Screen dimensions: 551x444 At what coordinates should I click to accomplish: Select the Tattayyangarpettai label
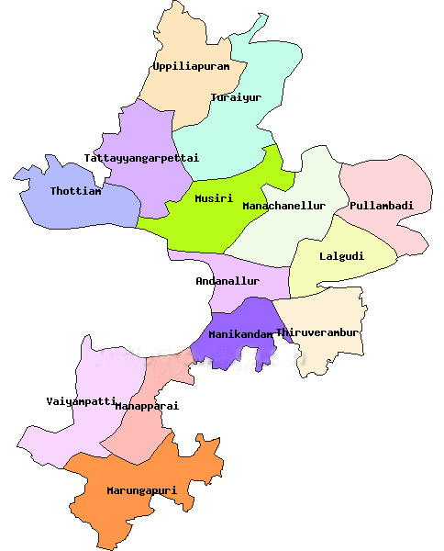[141, 158]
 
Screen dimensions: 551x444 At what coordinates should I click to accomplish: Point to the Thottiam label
[76, 191]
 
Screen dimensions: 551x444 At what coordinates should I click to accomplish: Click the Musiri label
[214, 197]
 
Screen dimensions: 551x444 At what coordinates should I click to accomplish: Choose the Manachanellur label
[283, 206]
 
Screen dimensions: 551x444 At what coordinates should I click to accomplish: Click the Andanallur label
[228, 281]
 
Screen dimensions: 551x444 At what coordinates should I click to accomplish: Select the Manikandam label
[240, 334]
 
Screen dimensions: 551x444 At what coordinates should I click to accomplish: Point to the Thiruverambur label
[316, 332]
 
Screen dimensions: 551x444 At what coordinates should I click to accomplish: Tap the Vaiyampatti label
[81, 401]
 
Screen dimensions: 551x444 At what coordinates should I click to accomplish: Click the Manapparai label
[147, 405]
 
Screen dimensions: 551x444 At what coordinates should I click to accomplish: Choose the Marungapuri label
[140, 490]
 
